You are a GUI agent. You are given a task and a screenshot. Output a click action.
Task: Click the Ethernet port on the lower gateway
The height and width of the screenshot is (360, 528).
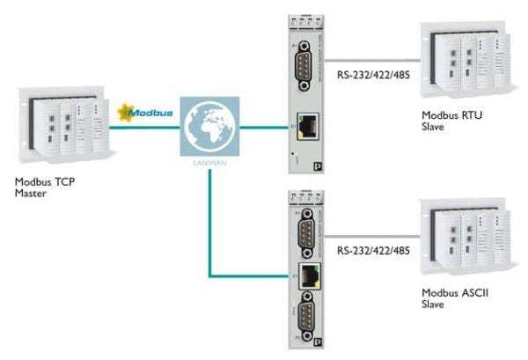[x=311, y=273]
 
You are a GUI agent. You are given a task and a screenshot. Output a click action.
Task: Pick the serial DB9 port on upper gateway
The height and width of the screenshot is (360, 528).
[x=311, y=65]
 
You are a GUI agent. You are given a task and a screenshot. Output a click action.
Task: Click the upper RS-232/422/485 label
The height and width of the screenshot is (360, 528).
[x=369, y=77]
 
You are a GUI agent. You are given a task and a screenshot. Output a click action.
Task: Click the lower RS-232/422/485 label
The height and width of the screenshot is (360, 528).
[x=369, y=251]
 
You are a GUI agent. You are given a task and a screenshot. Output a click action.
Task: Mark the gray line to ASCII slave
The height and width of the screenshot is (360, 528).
[x=370, y=235]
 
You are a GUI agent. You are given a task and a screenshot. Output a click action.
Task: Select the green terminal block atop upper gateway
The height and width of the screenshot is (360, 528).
[x=311, y=11]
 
